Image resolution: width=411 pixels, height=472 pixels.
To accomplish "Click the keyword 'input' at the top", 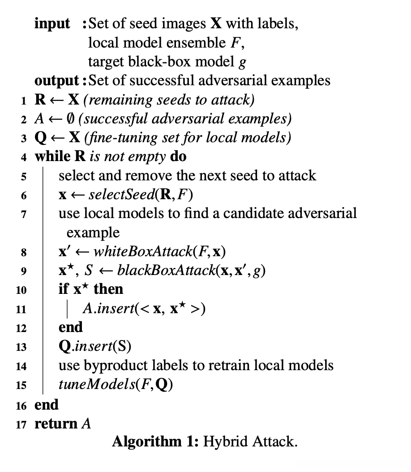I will tap(52, 23).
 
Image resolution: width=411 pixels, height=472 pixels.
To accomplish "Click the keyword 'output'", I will tap(57, 80).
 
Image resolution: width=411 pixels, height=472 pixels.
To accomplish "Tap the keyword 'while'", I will tap(51, 157).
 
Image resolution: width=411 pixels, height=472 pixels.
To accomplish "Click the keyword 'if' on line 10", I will tap(63, 289).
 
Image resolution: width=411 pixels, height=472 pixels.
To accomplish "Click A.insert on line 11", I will tap(105, 308).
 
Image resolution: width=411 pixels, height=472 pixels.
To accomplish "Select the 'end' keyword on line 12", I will tap(70, 327).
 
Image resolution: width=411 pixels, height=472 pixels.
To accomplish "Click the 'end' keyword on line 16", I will tap(47, 405).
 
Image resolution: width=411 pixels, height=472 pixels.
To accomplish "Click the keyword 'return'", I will tap(56, 423).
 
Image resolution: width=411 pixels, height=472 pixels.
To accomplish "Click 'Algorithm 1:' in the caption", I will tap(155, 442).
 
